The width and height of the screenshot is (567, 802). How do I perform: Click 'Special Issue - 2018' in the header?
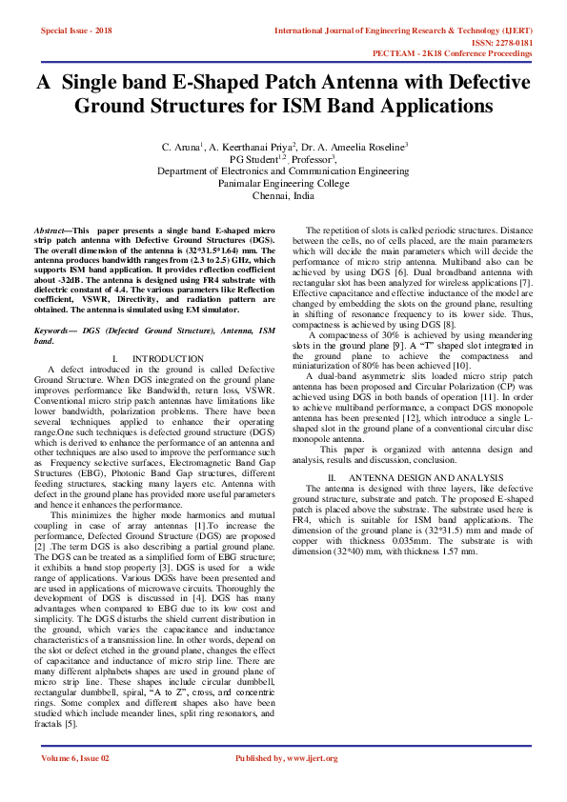coord(77,31)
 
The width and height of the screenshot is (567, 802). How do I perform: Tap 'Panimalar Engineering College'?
coord(284,183)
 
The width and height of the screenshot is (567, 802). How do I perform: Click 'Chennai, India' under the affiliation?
coord(284,194)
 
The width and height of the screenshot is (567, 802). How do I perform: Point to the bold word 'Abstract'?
coord(51,231)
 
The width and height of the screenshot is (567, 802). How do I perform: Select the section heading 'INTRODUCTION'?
coord(169,358)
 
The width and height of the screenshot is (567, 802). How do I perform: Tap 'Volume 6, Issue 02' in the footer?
coord(75,758)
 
